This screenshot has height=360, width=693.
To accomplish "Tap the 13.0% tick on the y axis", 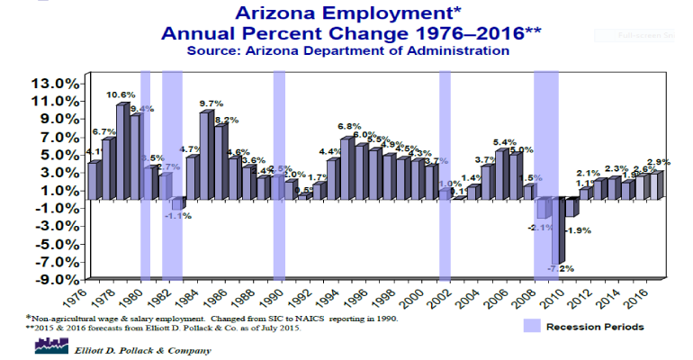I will tap(53, 83).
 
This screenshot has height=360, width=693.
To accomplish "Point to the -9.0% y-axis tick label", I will tap(53, 279).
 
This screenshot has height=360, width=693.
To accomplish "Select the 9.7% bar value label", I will tap(211, 103).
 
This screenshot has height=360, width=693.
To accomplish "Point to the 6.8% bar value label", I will tap(350, 127).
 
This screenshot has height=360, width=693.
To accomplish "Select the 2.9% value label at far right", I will tap(659, 162).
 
